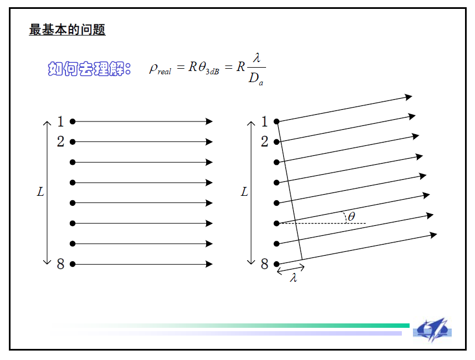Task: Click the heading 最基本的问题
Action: [x=67, y=29]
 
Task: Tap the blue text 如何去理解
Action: [x=89, y=69]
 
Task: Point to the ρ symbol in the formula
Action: [x=154, y=68]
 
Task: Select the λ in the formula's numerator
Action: [x=256, y=57]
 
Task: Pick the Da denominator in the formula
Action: [x=255, y=79]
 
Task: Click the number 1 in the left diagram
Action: [x=61, y=121]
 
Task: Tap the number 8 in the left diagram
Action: [x=61, y=265]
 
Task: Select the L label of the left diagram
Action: [x=40, y=192]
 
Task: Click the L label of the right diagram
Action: [x=244, y=192]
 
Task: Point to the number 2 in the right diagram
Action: [x=264, y=142]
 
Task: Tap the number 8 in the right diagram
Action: [x=264, y=265]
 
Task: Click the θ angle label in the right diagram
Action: [x=351, y=216]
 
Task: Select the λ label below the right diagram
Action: [x=294, y=278]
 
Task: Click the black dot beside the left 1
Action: [x=73, y=121]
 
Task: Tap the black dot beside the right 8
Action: [x=277, y=265]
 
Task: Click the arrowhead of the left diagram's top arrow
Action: [x=209, y=121]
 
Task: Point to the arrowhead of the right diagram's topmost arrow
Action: [x=409, y=97]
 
